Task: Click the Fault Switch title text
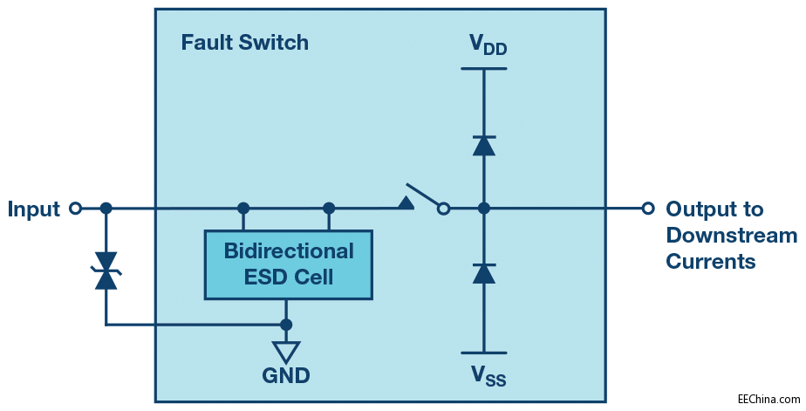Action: click(244, 42)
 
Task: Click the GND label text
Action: click(286, 376)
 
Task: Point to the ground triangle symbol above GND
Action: click(286, 351)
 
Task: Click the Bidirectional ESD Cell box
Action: click(288, 264)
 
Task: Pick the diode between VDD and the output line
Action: click(484, 145)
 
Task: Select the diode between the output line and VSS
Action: click(484, 273)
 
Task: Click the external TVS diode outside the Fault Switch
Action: click(106, 270)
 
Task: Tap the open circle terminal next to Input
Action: click(76, 209)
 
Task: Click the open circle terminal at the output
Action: click(647, 209)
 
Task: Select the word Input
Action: click(34, 209)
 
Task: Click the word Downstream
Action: click(731, 236)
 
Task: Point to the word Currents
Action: click(710, 262)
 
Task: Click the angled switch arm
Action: click(423, 195)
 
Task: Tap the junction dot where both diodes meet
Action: click(484, 209)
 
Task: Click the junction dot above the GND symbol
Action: click(286, 325)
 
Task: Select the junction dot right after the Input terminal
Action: click(106, 209)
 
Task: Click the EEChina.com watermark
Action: click(768, 399)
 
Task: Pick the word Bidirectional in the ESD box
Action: click(289, 251)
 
